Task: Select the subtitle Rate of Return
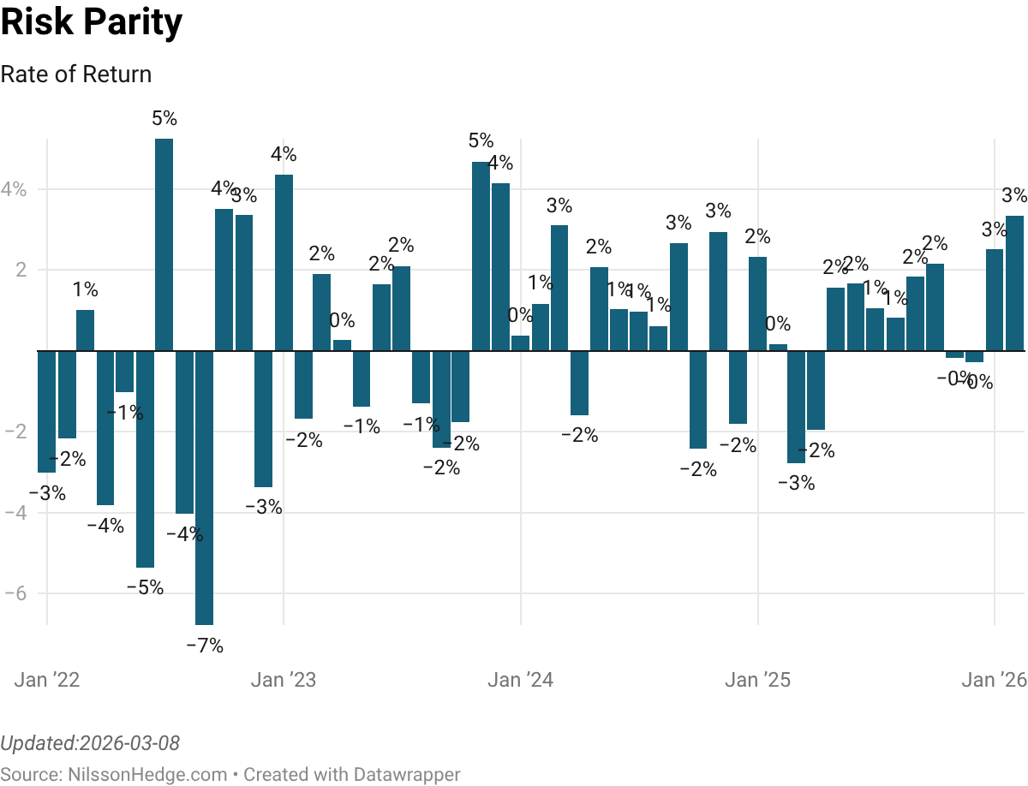(76, 74)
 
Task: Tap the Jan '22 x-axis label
(48, 681)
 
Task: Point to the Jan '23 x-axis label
(284, 681)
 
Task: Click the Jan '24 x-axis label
(521, 681)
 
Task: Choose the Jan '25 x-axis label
(758, 681)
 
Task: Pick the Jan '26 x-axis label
(994, 681)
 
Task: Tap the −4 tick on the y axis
(15, 513)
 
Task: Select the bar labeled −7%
(204, 488)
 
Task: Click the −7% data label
(205, 646)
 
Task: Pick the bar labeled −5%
(145, 459)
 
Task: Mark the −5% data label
(145, 588)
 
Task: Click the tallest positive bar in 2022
(164, 245)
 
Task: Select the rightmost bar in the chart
(1014, 283)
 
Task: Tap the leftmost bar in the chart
(46, 412)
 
